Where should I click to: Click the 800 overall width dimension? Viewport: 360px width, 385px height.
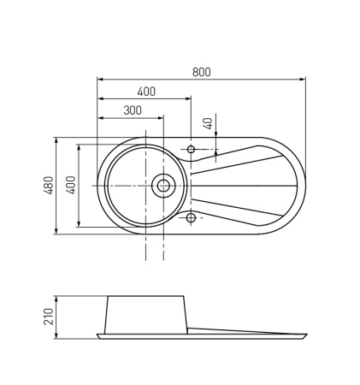click(x=201, y=72)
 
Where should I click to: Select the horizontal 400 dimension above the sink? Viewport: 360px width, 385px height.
click(x=145, y=92)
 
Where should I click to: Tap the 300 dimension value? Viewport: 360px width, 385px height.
click(x=133, y=110)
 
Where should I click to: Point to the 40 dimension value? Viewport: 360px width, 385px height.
click(x=207, y=123)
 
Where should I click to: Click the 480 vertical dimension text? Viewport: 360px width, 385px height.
click(x=49, y=185)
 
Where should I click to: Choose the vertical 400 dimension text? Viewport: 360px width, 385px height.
click(x=72, y=185)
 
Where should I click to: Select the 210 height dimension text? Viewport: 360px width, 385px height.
click(x=49, y=317)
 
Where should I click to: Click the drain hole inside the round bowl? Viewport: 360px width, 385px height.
click(x=162, y=184)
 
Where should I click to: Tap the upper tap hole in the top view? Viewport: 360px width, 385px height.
click(x=191, y=151)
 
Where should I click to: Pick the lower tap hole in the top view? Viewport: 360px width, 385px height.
click(x=191, y=216)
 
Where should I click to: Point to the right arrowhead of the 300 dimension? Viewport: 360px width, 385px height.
click(x=162, y=118)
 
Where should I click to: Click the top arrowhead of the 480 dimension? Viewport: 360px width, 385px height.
click(x=56, y=139)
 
